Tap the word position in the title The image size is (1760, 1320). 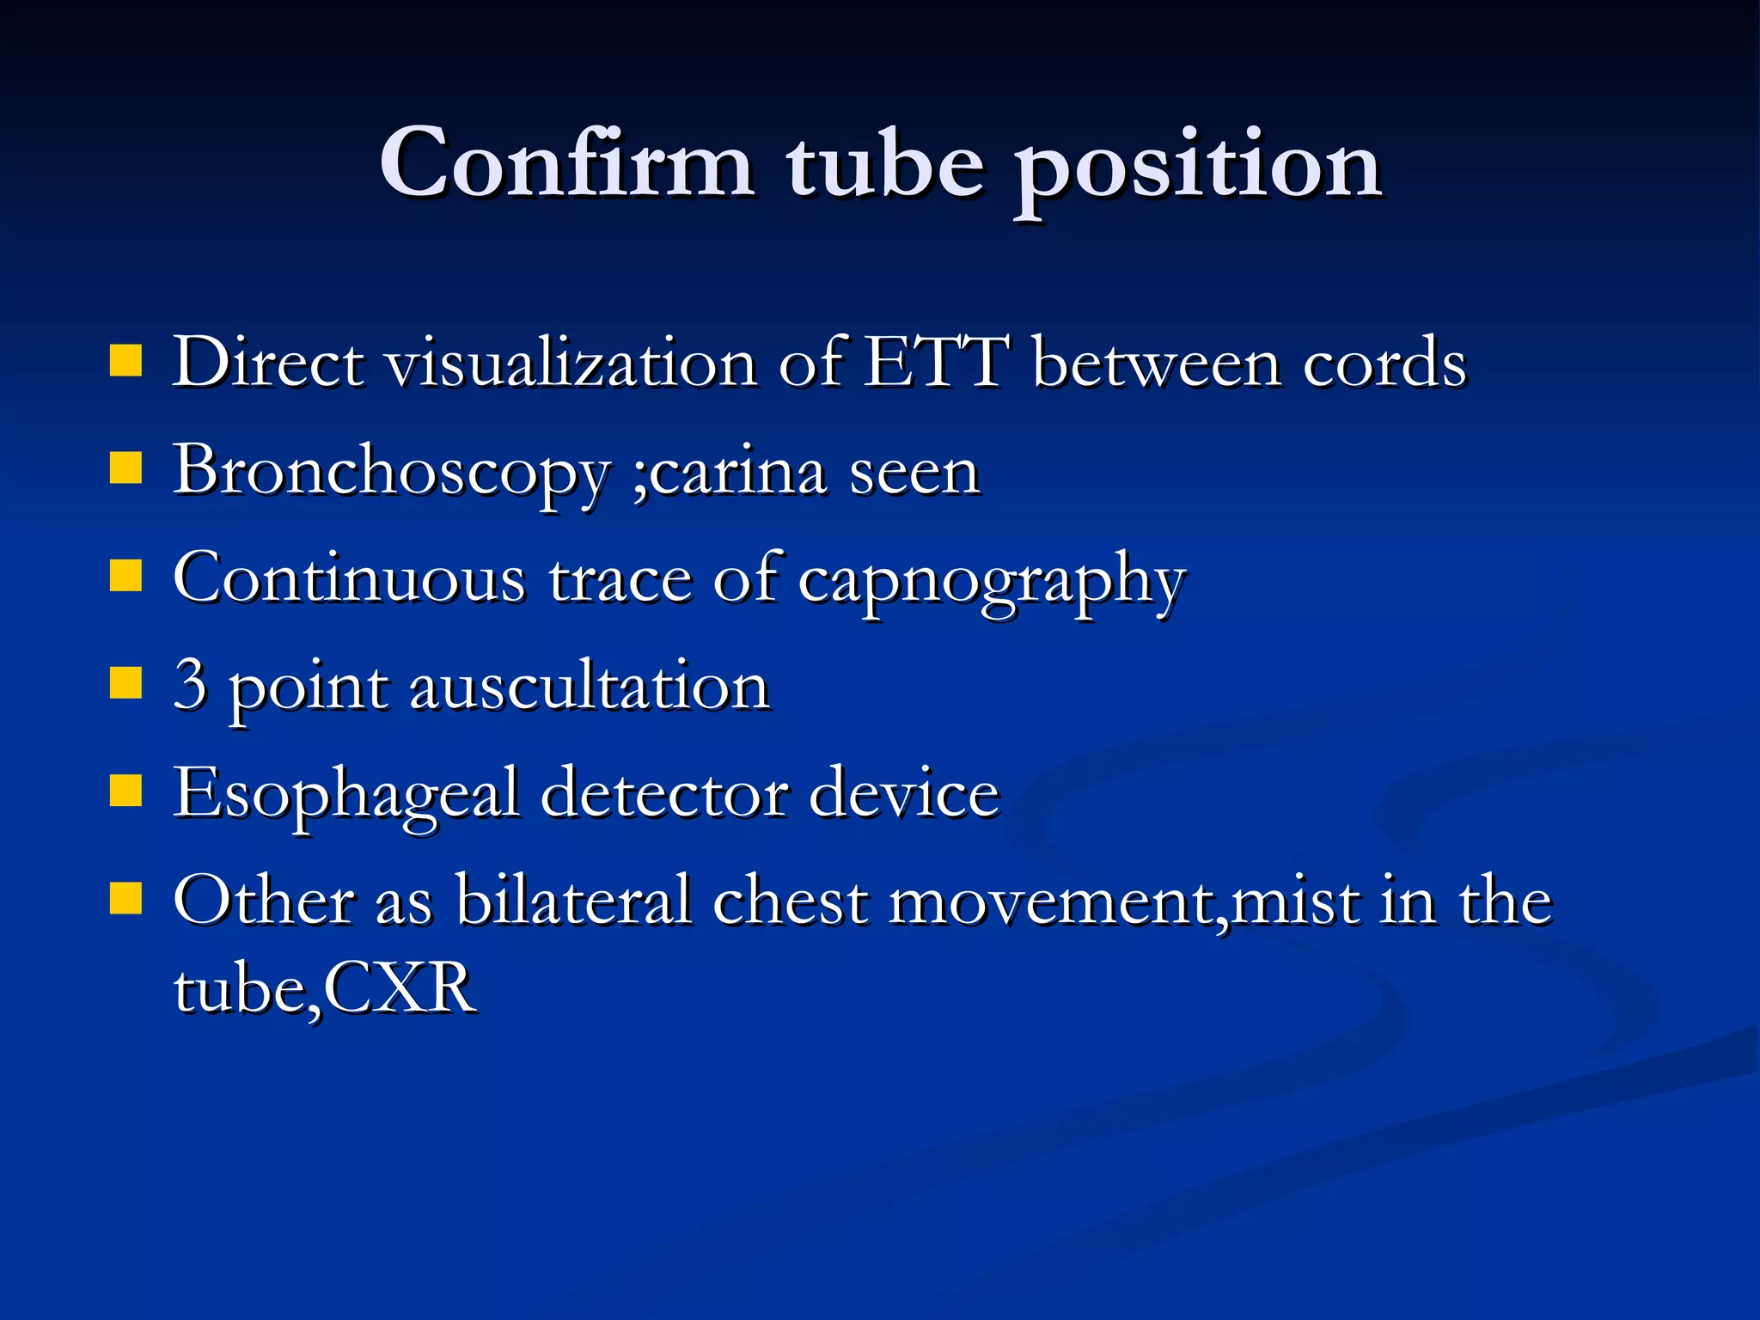tap(1198, 168)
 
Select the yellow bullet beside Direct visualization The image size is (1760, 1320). tap(125, 362)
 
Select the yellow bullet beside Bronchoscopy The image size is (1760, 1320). tap(125, 470)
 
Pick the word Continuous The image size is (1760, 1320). tap(349, 578)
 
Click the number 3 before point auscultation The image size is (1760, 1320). tap(190, 685)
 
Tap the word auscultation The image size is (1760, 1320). tap(589, 687)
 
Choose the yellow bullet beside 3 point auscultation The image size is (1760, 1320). tap(125, 685)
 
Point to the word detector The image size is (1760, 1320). tap(664, 793)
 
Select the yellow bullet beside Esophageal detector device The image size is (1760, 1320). tap(125, 792)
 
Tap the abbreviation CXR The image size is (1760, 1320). tap(400, 989)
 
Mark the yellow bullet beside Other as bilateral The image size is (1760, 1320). tap(125, 900)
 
